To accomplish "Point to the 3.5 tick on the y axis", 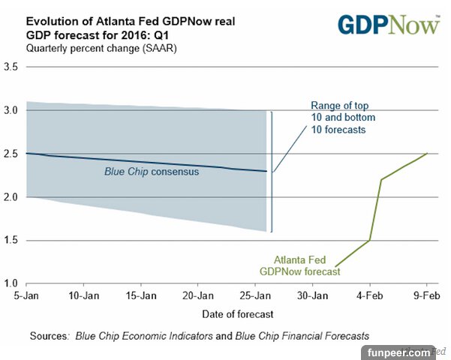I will tap(11, 67).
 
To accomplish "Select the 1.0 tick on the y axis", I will tap(11, 283).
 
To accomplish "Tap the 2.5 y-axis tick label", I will tap(11, 154).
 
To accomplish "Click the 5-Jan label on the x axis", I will tap(26, 296).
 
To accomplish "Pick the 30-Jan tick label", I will tap(313, 296).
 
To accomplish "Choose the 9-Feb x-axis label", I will tap(427, 296).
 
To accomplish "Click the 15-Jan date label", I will tap(140, 296).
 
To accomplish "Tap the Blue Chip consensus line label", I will tap(151, 172).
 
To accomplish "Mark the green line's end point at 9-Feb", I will tap(427, 154).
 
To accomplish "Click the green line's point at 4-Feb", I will tap(370, 240).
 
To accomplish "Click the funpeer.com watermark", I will tap(398, 351).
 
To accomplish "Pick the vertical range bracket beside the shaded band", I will tap(272, 172).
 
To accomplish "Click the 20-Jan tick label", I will tap(197, 296).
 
